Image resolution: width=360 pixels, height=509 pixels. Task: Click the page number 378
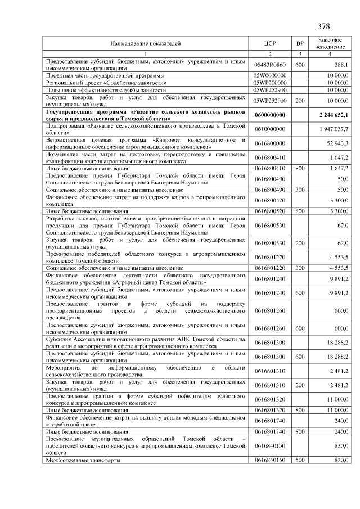coord(323,26)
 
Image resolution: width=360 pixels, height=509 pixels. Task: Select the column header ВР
coord(300,43)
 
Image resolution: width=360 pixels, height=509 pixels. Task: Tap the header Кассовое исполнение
coord(330,43)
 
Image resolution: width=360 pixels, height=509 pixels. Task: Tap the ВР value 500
coord(300,460)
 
